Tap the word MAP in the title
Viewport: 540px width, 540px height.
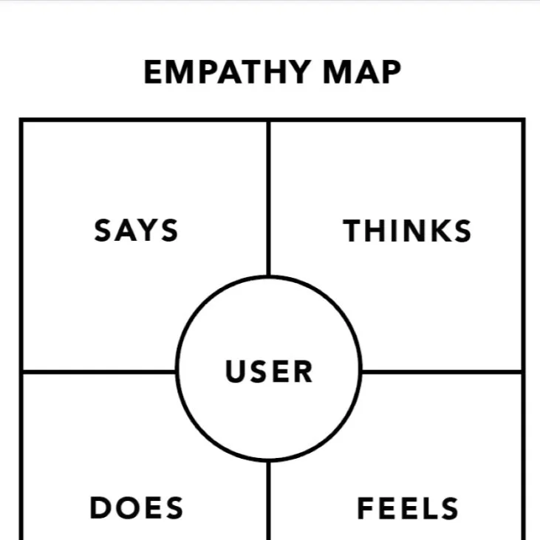tap(362, 72)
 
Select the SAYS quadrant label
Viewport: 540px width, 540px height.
tap(137, 230)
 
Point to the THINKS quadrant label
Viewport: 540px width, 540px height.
tap(407, 231)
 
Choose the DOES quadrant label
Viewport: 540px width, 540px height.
tap(137, 508)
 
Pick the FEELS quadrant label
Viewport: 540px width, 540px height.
tap(408, 508)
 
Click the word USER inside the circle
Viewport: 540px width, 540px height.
tap(269, 371)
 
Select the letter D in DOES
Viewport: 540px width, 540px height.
tap(100, 508)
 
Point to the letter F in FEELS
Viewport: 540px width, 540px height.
tap(364, 508)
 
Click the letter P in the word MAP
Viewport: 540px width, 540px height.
tap(391, 72)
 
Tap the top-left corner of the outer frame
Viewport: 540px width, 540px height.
tap(21, 120)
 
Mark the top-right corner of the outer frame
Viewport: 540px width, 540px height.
tap(523, 120)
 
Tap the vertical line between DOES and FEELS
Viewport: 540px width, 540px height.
tap(269, 502)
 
